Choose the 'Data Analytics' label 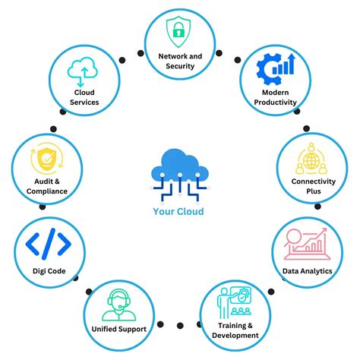click(x=308, y=270)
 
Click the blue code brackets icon click(x=49, y=244)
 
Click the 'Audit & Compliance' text click(x=46, y=186)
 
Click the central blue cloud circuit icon click(x=179, y=172)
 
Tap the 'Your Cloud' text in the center click(x=178, y=211)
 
